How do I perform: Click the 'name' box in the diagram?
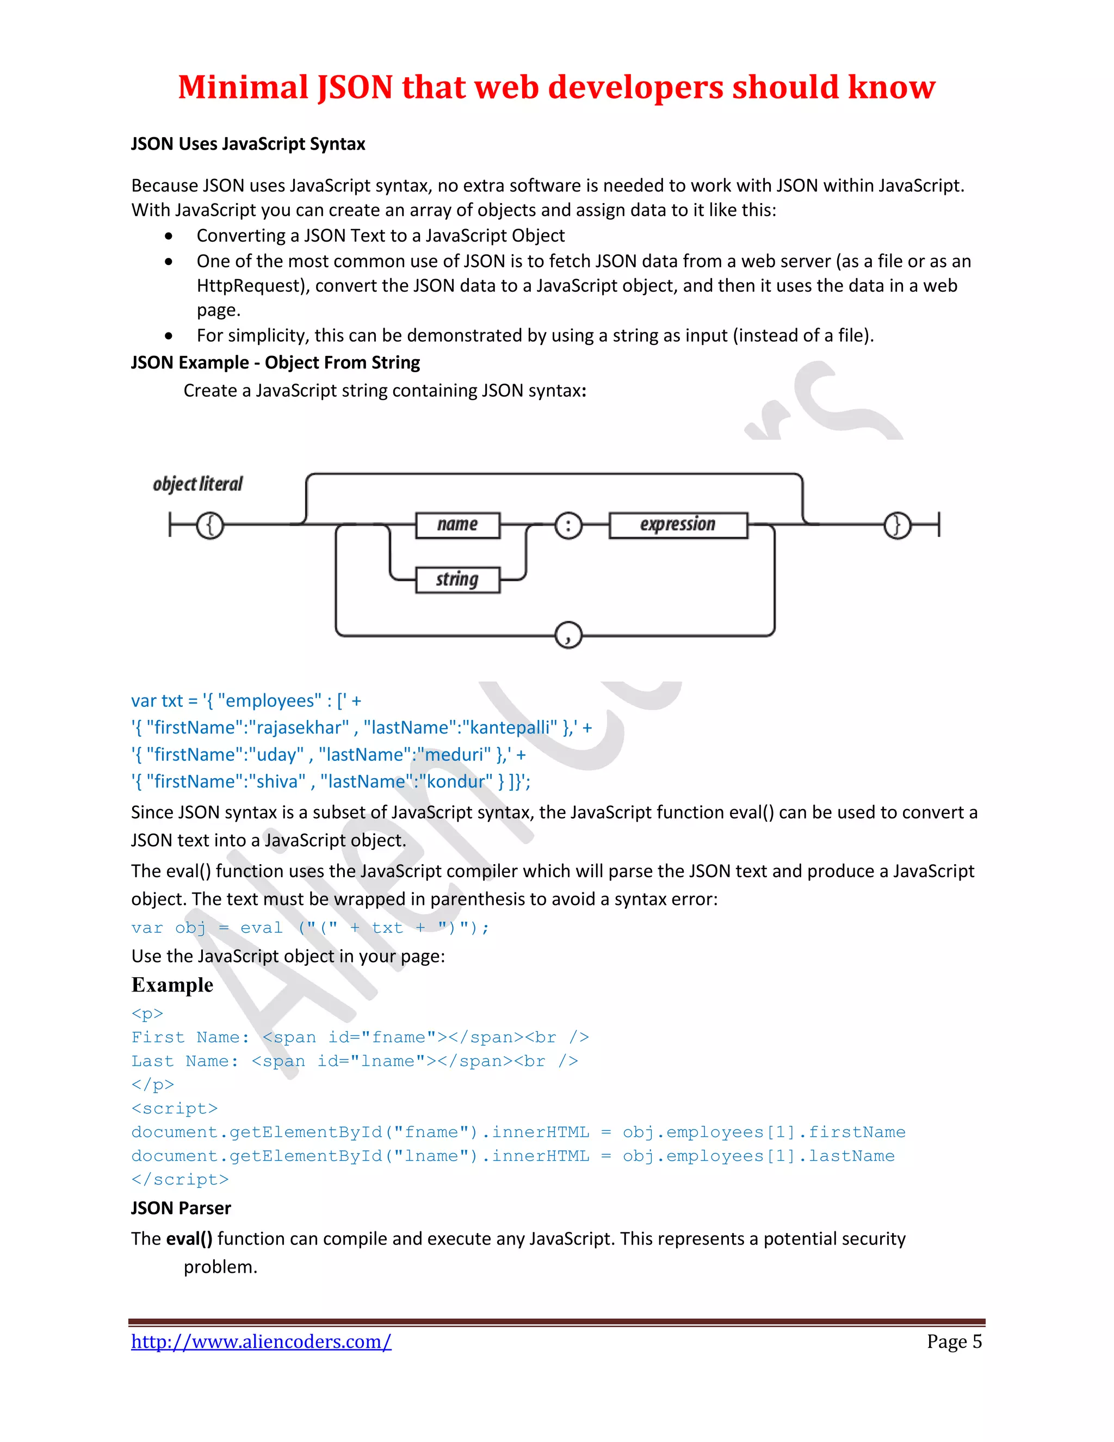tap(457, 525)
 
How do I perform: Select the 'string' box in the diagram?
tap(457, 580)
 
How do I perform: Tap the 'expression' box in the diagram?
tap(678, 525)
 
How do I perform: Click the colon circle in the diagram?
tap(568, 526)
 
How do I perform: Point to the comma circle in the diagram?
tap(568, 635)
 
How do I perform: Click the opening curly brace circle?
tap(211, 526)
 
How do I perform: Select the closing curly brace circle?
tap(897, 526)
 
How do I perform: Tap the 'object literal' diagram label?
tap(198, 484)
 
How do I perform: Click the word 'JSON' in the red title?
tap(355, 87)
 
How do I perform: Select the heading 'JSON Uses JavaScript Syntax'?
tap(247, 144)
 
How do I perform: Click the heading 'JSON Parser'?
tap(181, 1207)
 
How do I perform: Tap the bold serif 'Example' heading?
tap(172, 984)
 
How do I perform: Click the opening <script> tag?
tap(174, 1108)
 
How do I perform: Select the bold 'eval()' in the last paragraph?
tap(189, 1238)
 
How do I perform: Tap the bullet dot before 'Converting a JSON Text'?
tap(170, 236)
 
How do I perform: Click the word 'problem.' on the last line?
tap(220, 1267)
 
